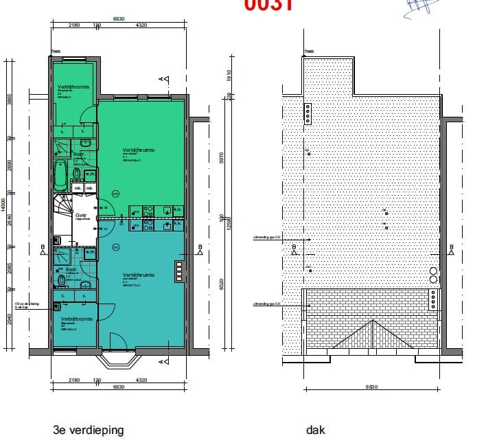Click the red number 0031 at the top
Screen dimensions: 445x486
(x=268, y=5)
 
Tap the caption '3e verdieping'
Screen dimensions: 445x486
(x=89, y=431)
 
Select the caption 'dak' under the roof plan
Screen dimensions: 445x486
(x=316, y=431)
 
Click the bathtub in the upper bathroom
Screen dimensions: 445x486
(x=60, y=176)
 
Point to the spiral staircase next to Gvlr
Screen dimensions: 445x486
(x=66, y=207)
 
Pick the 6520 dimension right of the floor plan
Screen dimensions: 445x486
(x=221, y=285)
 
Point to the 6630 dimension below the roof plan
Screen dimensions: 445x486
(x=371, y=387)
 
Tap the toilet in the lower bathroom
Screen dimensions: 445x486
(x=60, y=281)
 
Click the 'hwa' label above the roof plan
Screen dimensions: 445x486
(x=308, y=51)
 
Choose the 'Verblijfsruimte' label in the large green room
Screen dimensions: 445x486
(x=139, y=149)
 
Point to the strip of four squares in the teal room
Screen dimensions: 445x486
(x=179, y=271)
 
